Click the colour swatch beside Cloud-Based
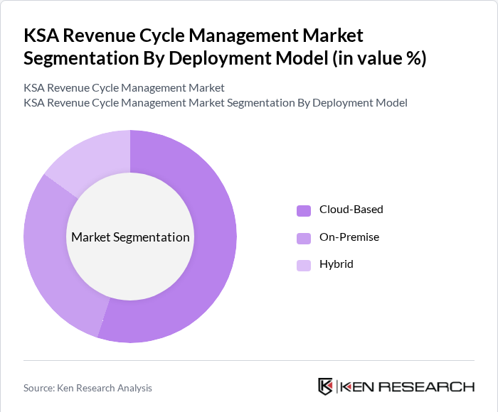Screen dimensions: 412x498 304,210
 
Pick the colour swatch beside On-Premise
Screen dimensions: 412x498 304,237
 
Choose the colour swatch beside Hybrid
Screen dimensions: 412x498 304,265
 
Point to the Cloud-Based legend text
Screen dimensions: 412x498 351,210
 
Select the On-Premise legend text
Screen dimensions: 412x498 349,237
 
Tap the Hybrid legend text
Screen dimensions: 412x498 337,264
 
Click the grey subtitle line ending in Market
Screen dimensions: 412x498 124,88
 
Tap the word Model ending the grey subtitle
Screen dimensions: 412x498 391,103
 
